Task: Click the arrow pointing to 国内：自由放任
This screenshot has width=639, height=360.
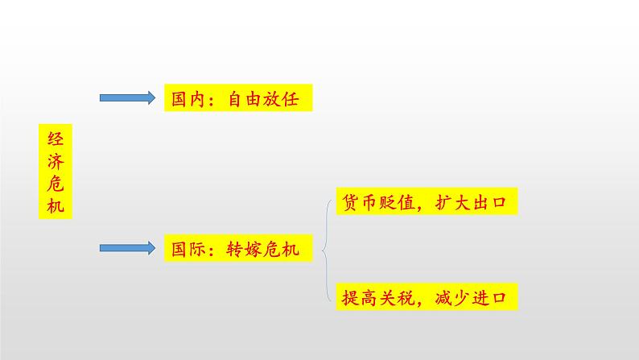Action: click(x=125, y=98)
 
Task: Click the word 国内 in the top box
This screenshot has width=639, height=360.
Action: click(x=187, y=99)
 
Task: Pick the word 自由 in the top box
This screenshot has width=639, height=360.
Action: click(x=239, y=99)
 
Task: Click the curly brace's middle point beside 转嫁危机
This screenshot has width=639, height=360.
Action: click(x=323, y=250)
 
